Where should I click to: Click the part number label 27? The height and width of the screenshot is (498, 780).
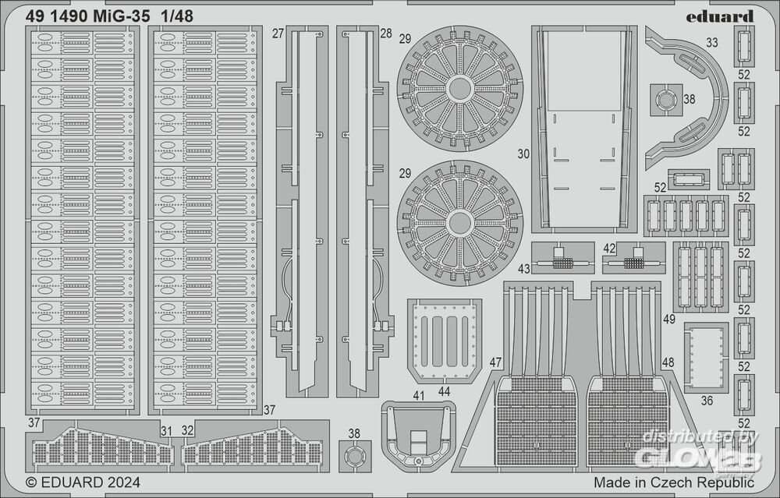click(278, 34)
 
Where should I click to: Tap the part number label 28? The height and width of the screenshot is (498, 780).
click(385, 34)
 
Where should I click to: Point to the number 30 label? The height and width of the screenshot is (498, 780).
click(523, 154)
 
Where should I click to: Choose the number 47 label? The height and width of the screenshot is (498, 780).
click(496, 362)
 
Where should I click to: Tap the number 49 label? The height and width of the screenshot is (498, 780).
click(669, 319)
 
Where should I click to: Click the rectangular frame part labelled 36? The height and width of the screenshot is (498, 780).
click(707, 357)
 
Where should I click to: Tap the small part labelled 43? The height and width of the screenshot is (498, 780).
click(559, 259)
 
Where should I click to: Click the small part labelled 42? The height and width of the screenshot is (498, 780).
click(635, 259)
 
